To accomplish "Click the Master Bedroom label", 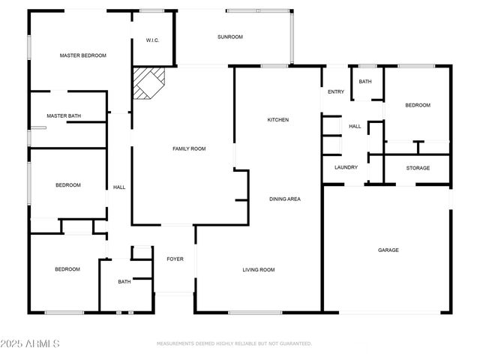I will click(83, 55).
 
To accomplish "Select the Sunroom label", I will click(230, 37).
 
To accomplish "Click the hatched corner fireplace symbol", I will click(148, 82).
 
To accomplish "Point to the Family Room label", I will click(189, 149).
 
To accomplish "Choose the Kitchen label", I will click(278, 120).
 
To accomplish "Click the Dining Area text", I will click(285, 199).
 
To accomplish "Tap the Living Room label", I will click(258, 270).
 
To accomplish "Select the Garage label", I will click(388, 250).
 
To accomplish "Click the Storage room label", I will click(418, 168).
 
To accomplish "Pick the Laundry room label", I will click(346, 167).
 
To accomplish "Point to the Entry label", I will click(335, 92).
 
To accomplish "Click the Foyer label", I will click(175, 259).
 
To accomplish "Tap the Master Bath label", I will click(64, 116).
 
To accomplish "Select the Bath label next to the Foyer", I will click(124, 282).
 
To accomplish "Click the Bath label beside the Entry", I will click(365, 82).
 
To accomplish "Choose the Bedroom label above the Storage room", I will click(418, 106).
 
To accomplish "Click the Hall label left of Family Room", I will click(118, 187).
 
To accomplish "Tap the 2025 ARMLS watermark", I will click(30, 343).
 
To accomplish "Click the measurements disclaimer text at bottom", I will click(234, 343).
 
